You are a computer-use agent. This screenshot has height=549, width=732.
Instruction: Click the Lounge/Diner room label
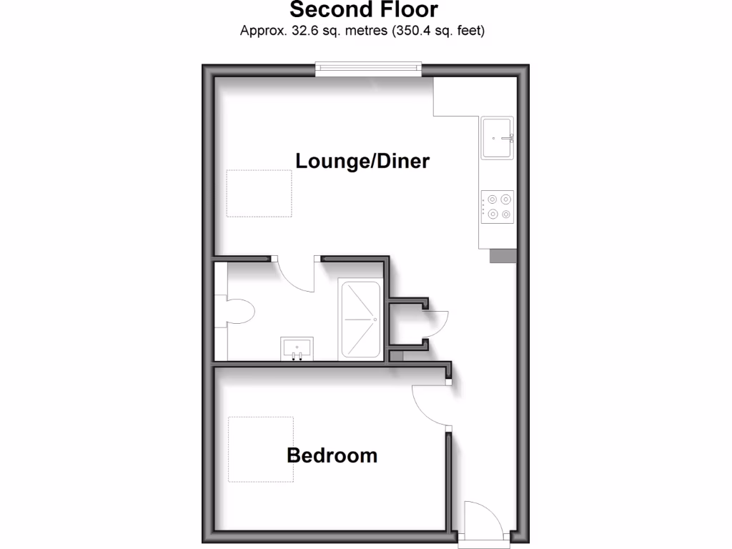(x=362, y=161)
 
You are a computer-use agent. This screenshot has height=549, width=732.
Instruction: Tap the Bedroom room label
(x=332, y=455)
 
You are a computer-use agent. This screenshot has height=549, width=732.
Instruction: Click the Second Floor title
(x=364, y=10)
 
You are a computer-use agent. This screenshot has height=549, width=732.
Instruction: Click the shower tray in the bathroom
(x=360, y=320)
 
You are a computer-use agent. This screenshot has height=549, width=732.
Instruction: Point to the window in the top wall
(x=368, y=69)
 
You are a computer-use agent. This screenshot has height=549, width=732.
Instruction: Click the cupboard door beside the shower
(x=435, y=325)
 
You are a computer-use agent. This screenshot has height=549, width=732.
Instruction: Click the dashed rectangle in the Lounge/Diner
(x=259, y=193)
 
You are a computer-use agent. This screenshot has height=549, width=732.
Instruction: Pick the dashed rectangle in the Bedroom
(x=261, y=449)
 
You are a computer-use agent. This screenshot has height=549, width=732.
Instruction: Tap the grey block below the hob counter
(x=502, y=255)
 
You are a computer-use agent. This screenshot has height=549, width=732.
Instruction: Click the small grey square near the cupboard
(x=397, y=355)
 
